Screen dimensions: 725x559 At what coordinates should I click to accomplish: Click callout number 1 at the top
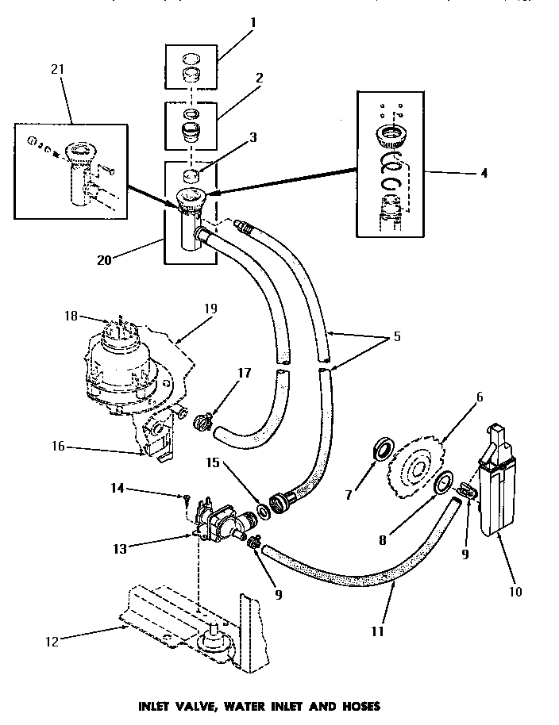253,23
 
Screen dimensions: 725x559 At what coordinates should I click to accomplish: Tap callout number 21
56,69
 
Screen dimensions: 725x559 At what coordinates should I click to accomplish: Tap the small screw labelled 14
185,498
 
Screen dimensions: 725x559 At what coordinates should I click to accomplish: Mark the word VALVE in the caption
200,705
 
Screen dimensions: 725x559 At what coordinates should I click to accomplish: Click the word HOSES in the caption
357,705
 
